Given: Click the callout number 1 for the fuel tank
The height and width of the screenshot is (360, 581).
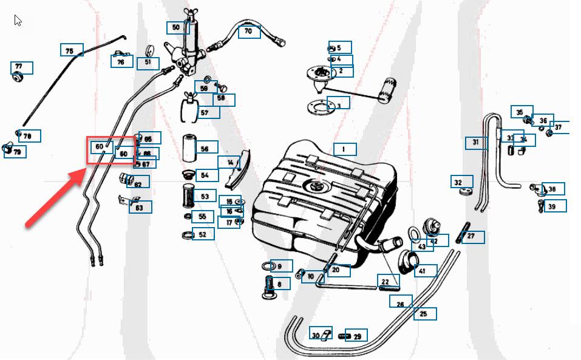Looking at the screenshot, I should [344, 149].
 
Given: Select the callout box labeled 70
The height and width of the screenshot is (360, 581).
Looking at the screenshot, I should [249, 31].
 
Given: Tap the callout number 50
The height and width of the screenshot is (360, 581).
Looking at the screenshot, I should [177, 27].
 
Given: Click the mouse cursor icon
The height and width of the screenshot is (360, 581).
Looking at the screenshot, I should [18, 21].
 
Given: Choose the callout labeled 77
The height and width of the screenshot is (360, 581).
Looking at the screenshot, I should [21, 67].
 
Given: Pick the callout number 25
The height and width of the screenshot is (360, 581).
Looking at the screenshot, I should [424, 314].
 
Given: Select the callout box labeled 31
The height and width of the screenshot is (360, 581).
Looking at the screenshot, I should [477, 143].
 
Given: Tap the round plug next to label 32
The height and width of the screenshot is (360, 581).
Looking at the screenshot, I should [466, 192].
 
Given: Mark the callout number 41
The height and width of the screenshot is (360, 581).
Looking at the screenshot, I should [425, 271].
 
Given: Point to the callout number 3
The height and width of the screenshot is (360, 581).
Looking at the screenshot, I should [338, 105].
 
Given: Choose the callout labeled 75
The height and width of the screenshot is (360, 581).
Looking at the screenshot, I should [71, 50].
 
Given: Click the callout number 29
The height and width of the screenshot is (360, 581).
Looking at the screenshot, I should [356, 336].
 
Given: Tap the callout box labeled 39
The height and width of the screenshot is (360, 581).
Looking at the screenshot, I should [554, 206].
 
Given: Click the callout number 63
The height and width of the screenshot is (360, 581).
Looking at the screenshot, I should [140, 208].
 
